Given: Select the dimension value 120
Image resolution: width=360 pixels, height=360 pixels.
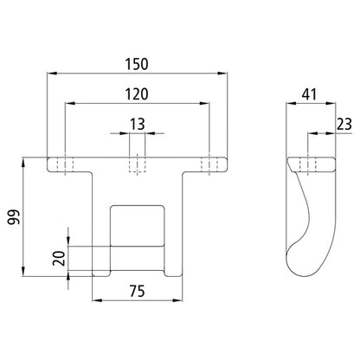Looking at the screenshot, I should [137, 93].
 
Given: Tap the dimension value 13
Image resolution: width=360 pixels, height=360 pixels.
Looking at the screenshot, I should [137, 124].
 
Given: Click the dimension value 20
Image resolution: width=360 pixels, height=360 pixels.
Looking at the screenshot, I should [58, 257].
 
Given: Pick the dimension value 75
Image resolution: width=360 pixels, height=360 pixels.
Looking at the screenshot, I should [137, 291].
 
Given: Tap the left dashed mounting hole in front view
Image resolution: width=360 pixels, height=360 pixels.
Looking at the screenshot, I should [66, 164].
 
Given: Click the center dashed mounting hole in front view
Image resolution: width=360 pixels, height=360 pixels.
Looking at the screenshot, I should [137, 164].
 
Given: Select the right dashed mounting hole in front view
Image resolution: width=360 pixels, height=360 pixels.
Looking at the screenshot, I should [209, 164].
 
